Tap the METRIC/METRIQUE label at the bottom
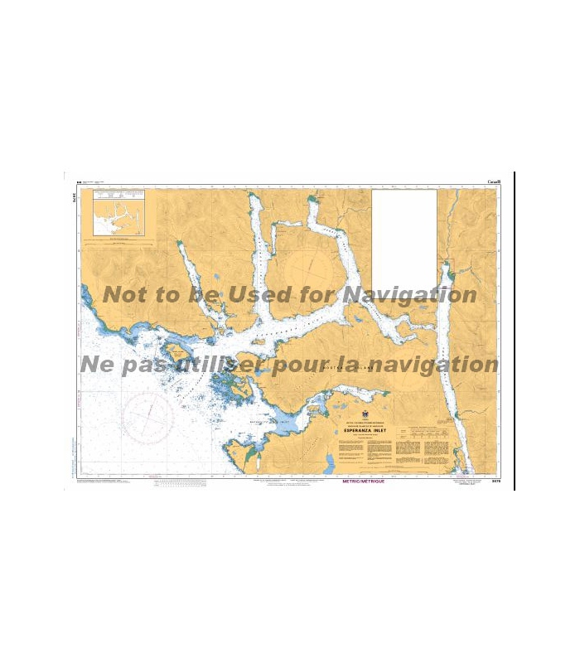tap(362, 482)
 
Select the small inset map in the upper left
tap(123, 215)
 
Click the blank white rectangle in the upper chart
tap(404, 239)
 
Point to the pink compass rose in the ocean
tap(149, 414)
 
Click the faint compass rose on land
tap(308, 267)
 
